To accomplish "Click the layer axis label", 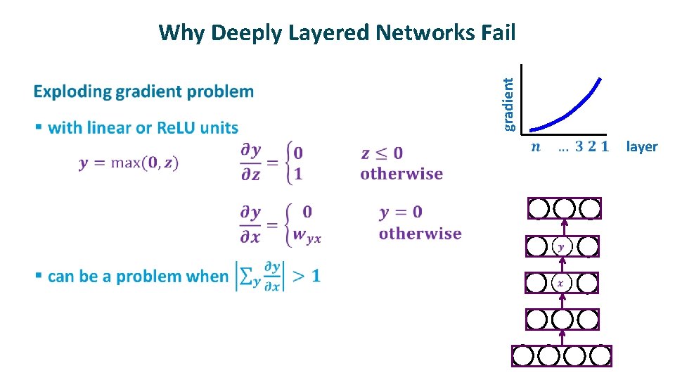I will (641, 147).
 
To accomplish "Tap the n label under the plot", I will (536, 147).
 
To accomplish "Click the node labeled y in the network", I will (561, 246).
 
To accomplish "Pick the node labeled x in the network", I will (561, 283).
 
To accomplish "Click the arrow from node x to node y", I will (562, 265).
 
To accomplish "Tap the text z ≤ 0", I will (382, 153).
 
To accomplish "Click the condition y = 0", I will (401, 212).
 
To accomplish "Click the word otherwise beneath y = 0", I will (420, 234).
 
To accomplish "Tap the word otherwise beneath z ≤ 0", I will (401, 174).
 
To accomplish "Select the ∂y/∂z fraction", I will (251, 163).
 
